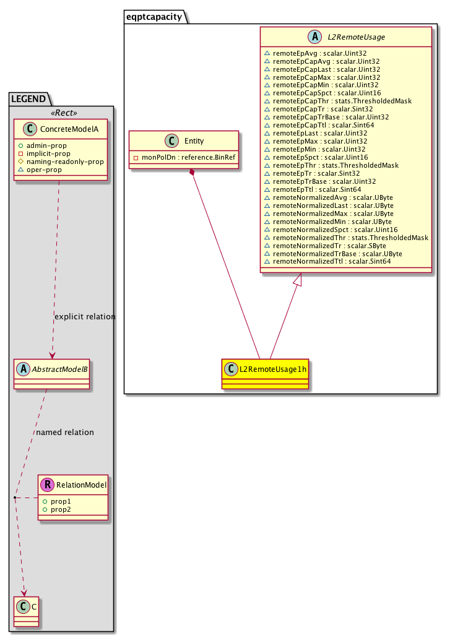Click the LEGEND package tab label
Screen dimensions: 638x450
[28, 98]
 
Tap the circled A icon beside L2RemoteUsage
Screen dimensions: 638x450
[314, 37]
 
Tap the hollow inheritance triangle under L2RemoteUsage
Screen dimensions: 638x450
[298, 280]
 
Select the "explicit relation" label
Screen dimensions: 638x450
[85, 316]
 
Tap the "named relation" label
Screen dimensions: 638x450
[65, 432]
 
